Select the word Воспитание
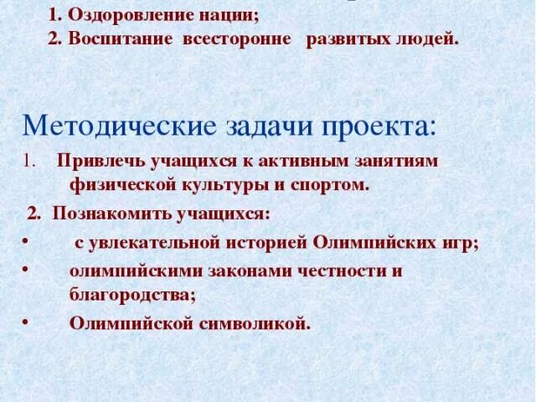(x=122, y=39)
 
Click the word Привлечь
(x=97, y=161)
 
